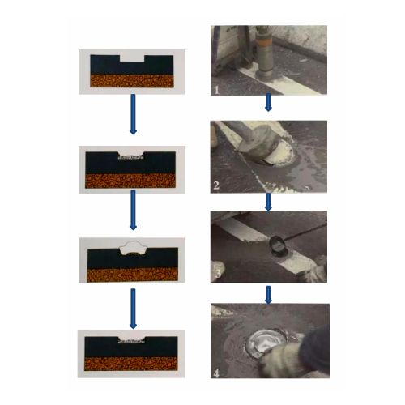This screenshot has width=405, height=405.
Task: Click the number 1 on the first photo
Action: (216, 90)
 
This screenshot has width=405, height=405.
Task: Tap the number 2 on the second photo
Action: (216, 185)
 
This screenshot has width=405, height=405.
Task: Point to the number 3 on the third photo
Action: (218, 273)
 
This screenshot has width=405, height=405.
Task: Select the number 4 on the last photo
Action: (216, 373)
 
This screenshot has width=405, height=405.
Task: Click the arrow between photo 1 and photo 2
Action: (268, 102)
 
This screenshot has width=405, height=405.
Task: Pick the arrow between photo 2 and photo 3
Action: (268, 202)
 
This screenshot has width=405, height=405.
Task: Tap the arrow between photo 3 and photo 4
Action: (268, 295)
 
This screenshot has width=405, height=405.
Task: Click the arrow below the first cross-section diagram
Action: (133, 114)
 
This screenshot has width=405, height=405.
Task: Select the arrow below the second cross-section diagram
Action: (133, 211)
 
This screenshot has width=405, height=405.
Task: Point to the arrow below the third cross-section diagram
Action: (133, 309)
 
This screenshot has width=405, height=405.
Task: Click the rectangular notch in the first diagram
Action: (132, 58)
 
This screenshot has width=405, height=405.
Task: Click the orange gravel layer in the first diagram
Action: (132, 81)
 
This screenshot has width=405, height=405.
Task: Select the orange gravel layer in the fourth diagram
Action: (131, 364)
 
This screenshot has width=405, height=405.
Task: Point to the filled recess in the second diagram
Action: (130, 156)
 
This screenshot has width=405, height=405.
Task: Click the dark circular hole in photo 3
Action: (278, 244)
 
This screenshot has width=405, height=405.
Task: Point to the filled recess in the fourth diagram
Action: (131, 342)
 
